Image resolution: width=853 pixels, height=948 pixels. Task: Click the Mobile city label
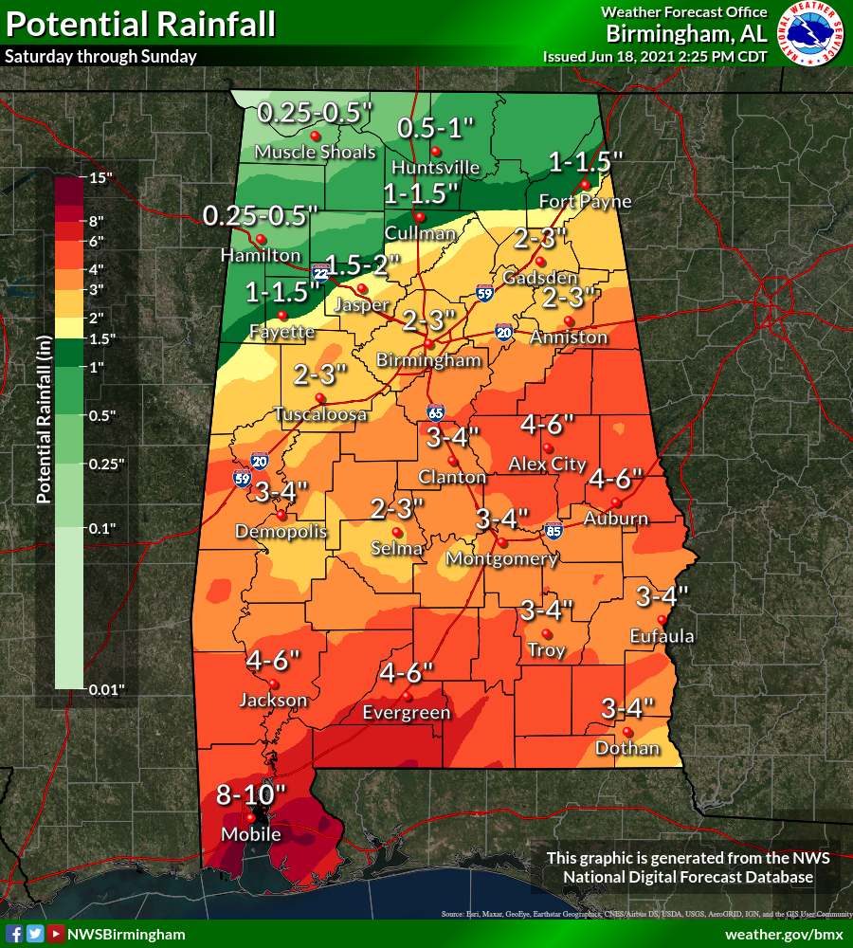pyautogui.click(x=251, y=834)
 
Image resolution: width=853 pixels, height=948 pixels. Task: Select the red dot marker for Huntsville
pyautogui.click(x=436, y=152)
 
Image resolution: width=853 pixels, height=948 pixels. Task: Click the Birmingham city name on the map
pyautogui.click(x=429, y=360)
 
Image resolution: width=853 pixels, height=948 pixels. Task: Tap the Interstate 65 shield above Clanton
pyautogui.click(x=434, y=412)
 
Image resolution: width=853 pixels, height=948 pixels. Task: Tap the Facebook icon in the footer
pyautogui.click(x=15, y=934)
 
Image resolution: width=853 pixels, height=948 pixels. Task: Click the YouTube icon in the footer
pyautogui.click(x=56, y=934)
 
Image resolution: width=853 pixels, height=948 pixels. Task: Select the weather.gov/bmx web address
pyautogui.click(x=784, y=934)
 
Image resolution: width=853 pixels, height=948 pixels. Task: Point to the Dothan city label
pyautogui.click(x=627, y=749)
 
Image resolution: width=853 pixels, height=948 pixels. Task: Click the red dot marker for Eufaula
pyautogui.click(x=662, y=619)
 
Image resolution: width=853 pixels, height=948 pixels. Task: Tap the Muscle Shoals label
pyautogui.click(x=315, y=152)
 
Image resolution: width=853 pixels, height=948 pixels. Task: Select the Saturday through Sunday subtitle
pyautogui.click(x=100, y=56)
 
